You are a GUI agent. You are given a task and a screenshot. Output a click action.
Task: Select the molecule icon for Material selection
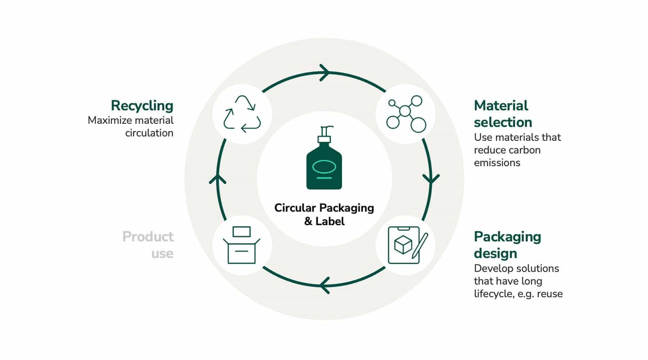(406, 114)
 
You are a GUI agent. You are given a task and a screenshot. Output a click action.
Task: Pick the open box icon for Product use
(242, 245)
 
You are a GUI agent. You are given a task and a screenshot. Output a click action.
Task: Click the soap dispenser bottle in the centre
(324, 158)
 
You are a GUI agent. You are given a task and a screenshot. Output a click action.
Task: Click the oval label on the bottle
(324, 166)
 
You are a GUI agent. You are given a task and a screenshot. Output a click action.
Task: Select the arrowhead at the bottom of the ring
(325, 285)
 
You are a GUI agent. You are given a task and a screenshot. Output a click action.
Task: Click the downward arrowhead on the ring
(431, 179)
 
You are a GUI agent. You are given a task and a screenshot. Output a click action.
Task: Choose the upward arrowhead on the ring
(217, 179)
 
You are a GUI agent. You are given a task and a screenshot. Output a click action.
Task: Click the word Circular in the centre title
(295, 208)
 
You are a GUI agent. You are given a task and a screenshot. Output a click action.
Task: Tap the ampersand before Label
(308, 221)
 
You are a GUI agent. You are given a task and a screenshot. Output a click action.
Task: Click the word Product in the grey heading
(148, 237)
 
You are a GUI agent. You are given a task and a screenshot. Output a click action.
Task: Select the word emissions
(497, 163)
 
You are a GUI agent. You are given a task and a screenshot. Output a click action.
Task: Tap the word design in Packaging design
(495, 254)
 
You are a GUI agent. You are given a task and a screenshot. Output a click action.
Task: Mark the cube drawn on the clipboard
(403, 245)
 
